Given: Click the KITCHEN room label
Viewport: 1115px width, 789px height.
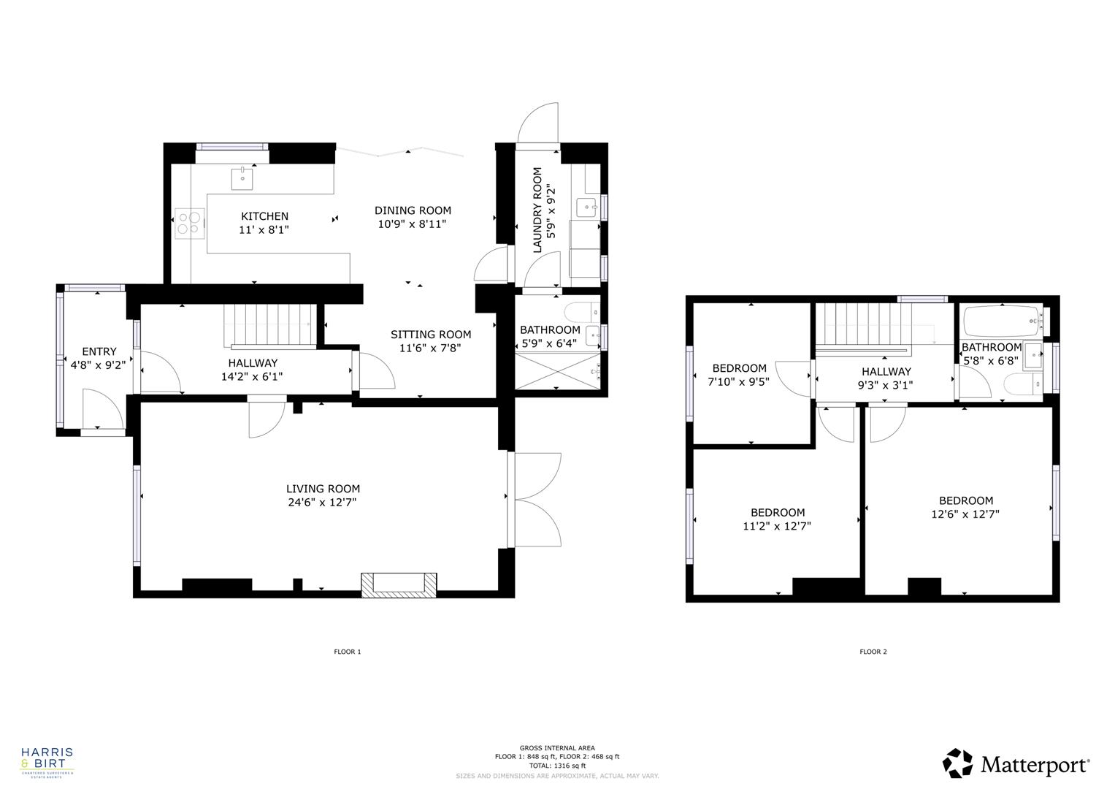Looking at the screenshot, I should click(x=264, y=216).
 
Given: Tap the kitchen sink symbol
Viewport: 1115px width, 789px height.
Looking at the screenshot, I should click(x=242, y=176).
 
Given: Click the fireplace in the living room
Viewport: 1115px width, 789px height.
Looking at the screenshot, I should click(x=399, y=583).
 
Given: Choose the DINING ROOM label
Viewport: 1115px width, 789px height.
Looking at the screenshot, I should click(x=413, y=210).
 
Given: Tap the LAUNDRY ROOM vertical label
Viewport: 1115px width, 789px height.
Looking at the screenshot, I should click(x=537, y=210).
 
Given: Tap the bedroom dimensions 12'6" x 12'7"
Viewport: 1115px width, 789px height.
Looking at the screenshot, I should click(x=965, y=514).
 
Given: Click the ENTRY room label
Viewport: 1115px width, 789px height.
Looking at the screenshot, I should click(x=99, y=351).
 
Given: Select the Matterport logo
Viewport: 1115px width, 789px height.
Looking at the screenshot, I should click(x=1016, y=764).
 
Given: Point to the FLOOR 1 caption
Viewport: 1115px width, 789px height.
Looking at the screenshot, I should click(x=348, y=652).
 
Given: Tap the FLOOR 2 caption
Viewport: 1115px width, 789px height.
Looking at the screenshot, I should click(x=873, y=652).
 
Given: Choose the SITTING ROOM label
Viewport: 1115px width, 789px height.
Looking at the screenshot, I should click(x=431, y=335).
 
